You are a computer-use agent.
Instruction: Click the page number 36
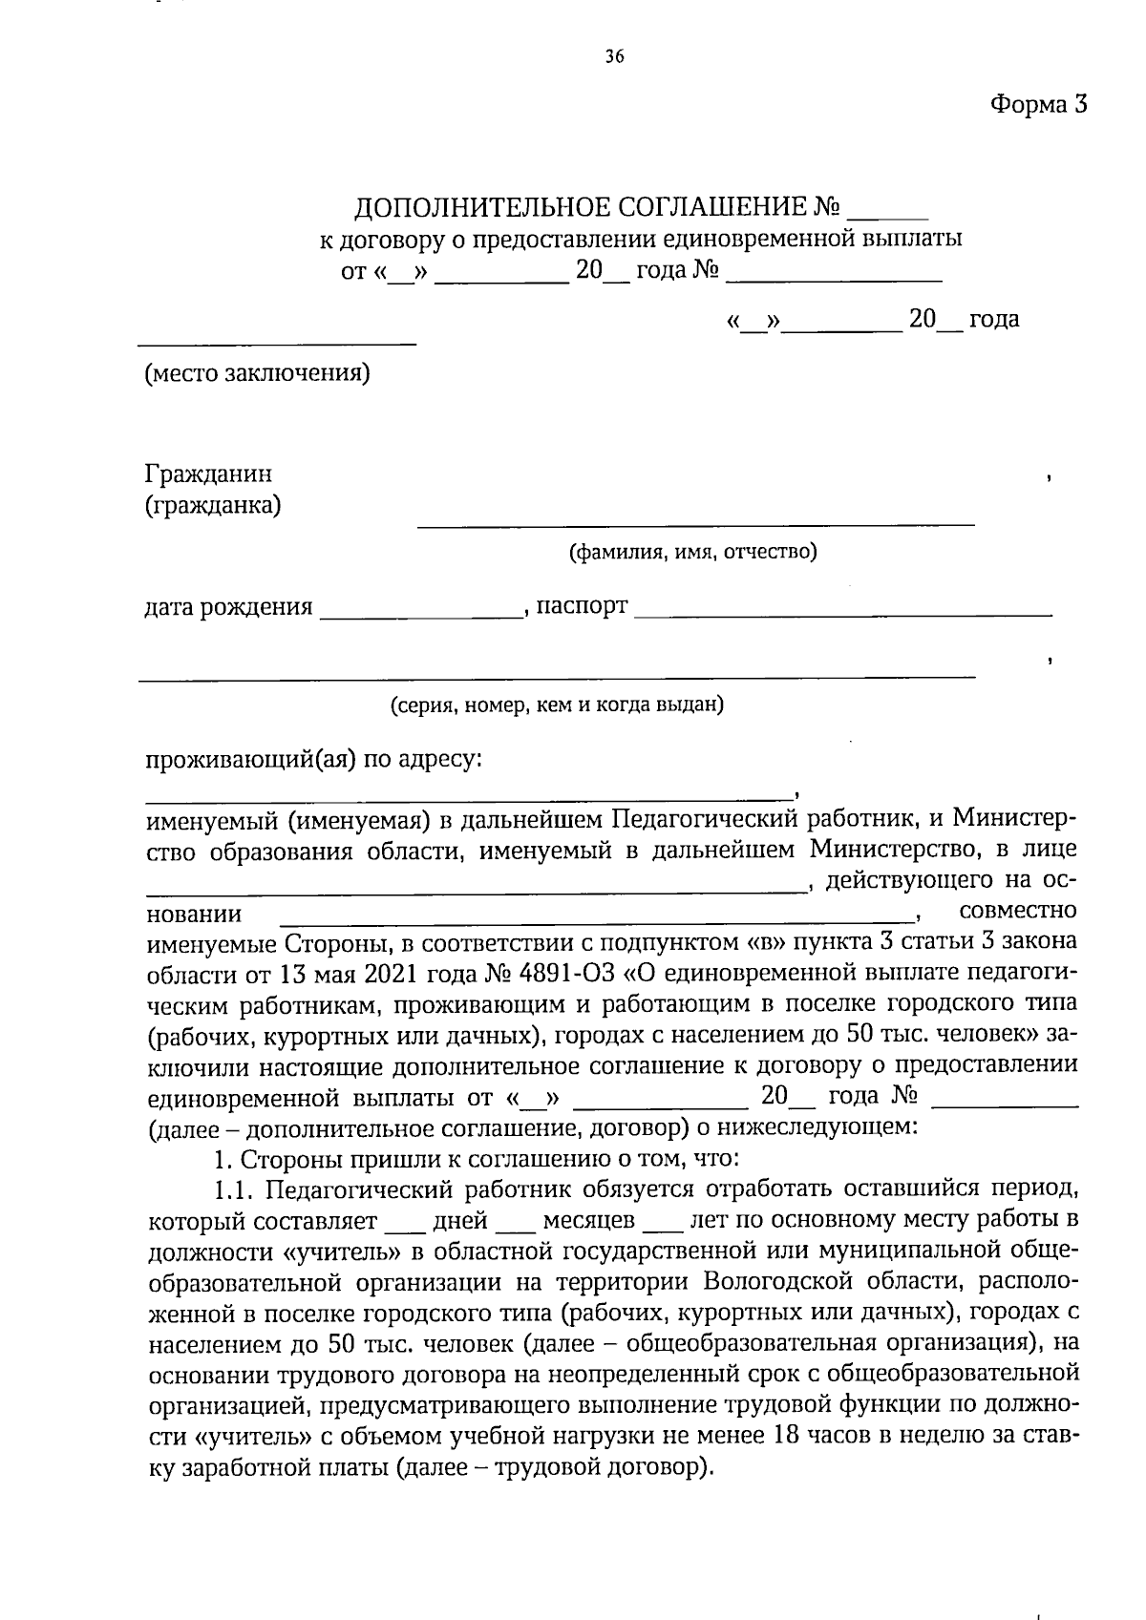pyautogui.click(x=614, y=57)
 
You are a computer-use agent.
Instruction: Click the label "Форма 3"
pyautogui.click(x=1038, y=103)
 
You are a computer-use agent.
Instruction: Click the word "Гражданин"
pyautogui.click(x=208, y=473)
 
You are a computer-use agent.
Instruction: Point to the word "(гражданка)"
pyautogui.click(x=213, y=505)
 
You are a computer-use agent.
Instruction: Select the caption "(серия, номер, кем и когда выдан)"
pyautogui.click(x=557, y=705)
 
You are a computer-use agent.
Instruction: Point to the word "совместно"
pyautogui.click(x=1018, y=910)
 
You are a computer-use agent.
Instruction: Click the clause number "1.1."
pyautogui.click(x=234, y=1190)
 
